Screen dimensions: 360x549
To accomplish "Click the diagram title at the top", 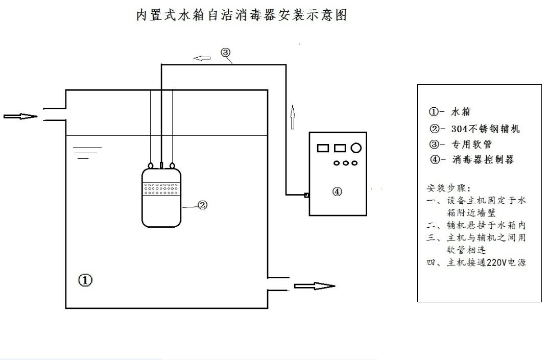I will coord(241,15).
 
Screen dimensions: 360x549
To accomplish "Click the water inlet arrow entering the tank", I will coord(20,116).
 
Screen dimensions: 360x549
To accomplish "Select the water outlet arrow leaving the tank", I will coord(314,286).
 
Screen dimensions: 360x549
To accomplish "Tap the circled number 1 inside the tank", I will coord(85,280).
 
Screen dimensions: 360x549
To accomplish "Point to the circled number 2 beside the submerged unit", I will coord(202,205).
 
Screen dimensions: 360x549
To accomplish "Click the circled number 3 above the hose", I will coord(226,52).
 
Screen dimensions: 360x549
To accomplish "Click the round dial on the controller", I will coord(356,148).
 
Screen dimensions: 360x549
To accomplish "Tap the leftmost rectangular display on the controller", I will coord(323,148).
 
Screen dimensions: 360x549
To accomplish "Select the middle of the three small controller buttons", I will coord(346,163).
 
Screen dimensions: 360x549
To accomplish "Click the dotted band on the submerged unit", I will coord(161,189).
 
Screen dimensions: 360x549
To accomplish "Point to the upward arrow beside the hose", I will coord(292,116).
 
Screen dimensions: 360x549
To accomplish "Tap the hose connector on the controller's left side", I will coord(306,195).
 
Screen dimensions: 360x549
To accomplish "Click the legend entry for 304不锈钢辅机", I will coord(474,129).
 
